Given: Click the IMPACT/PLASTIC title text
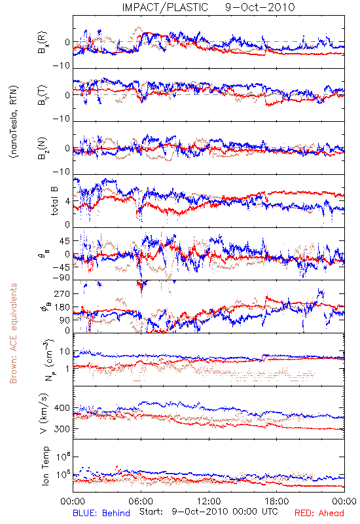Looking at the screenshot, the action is click(165, 7).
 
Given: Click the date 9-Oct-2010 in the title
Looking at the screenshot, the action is click(260, 7).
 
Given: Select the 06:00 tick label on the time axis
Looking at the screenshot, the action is click(141, 501).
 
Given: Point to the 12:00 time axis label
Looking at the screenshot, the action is click(209, 501).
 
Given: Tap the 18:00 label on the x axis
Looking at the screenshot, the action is click(277, 501).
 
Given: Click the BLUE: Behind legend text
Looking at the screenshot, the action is click(101, 513).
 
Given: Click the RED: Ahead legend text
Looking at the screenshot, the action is click(319, 513).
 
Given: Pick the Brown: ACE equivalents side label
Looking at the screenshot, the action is click(13, 333).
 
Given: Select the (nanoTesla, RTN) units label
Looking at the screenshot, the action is click(14, 121).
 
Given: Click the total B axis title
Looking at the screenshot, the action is click(54, 201).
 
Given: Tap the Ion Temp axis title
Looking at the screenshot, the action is click(45, 466).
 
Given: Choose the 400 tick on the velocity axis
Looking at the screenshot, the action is click(62, 407).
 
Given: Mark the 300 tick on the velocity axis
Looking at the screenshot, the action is click(62, 428).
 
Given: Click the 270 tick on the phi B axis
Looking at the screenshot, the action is click(62, 293).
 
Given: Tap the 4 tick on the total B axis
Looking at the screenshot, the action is click(68, 201).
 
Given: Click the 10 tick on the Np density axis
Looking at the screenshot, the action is click(65, 351).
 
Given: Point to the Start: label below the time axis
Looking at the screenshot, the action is click(151, 512).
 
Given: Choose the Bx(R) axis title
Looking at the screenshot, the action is click(42, 43).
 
